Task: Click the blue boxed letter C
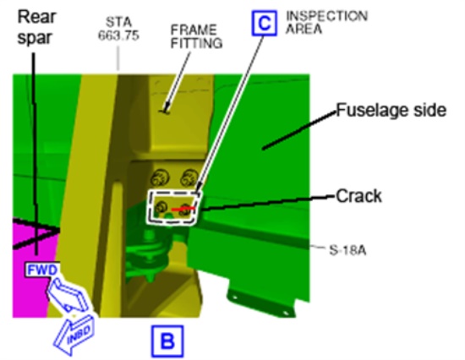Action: click(265, 23)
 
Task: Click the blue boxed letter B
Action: click(167, 341)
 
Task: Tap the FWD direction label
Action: click(42, 270)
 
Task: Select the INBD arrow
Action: click(74, 335)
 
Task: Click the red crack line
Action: click(183, 209)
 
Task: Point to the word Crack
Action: click(358, 196)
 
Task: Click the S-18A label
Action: click(347, 251)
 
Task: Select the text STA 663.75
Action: click(118, 29)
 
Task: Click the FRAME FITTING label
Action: click(196, 37)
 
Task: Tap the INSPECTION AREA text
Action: click(326, 22)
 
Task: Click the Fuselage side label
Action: click(391, 111)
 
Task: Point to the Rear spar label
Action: click(36, 27)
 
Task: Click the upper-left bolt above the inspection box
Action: click(160, 179)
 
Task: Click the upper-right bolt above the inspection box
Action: click(189, 178)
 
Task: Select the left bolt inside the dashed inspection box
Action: click(161, 207)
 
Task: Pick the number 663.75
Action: click(118, 35)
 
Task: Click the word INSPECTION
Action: click(326, 16)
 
